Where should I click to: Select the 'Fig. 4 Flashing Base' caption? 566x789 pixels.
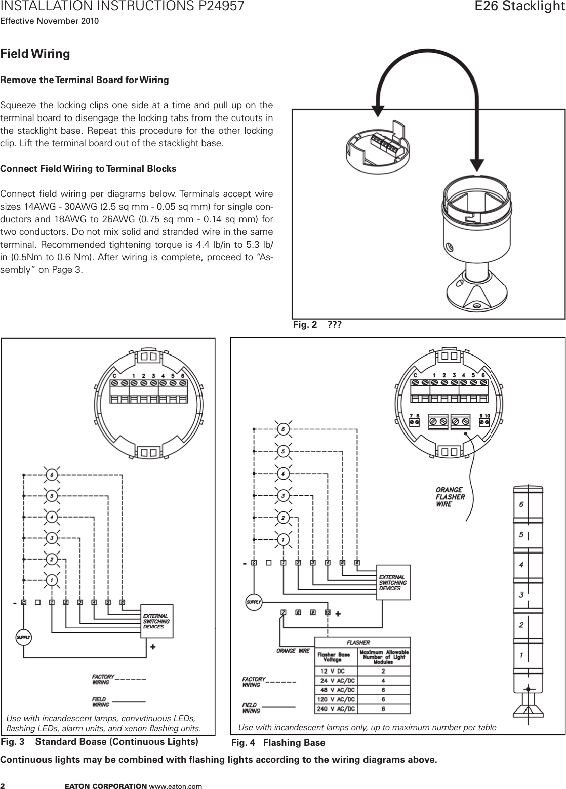pos(278,743)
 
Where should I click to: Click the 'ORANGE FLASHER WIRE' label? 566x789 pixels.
pos(450,497)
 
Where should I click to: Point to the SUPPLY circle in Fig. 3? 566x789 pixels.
pos(24,637)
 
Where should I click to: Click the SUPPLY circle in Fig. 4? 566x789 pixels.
pos(254,602)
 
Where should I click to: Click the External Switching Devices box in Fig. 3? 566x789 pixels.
pos(157,621)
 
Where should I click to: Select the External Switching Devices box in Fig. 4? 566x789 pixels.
pos(393,582)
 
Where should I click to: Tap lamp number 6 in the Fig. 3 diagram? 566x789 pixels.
pos(51,475)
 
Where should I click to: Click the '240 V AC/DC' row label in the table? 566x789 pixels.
pos(337,708)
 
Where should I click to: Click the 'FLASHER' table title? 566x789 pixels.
pos(362,642)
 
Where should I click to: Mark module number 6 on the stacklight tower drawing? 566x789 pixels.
pos(521,504)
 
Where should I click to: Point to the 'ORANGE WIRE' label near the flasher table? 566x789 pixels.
pos(293,651)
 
